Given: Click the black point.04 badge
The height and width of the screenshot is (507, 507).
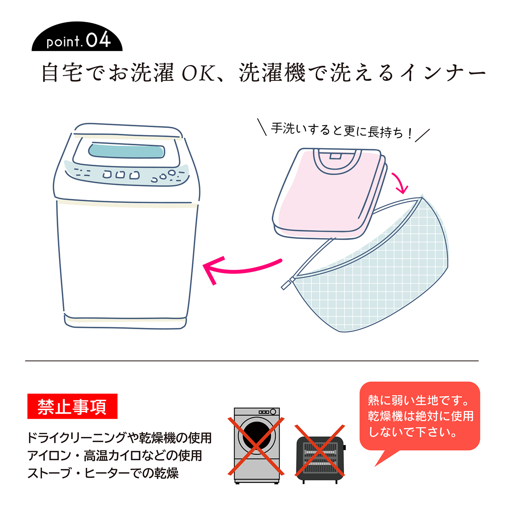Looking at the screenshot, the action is [77, 37].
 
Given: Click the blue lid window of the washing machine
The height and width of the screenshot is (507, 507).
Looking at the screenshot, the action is [127, 151].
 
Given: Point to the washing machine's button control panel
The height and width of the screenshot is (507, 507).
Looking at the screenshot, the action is [127, 174].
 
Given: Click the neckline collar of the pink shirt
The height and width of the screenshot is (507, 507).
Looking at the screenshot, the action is [337, 162].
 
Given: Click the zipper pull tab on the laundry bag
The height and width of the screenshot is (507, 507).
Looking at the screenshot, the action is [287, 284].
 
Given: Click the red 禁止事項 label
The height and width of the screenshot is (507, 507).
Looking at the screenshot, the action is [72, 406].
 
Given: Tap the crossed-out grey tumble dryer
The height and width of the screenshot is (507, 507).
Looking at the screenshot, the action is [256, 446].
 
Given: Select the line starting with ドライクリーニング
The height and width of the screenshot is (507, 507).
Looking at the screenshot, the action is [120, 438].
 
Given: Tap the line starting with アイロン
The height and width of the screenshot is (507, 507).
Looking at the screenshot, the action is [115, 456].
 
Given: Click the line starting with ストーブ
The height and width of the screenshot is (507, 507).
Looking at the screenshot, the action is [103, 473].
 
